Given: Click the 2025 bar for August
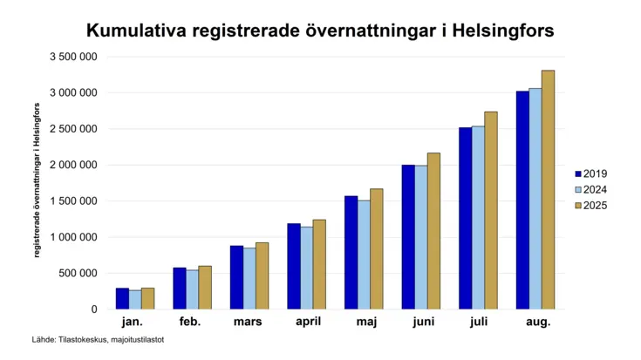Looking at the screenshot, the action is (x=549, y=190).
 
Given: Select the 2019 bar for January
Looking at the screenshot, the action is (x=122, y=299).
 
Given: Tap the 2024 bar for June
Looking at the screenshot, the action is (x=421, y=237).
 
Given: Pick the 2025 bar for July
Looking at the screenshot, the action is (x=491, y=210).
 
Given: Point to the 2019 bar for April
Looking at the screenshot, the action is (x=294, y=267).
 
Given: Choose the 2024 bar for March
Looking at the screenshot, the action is (x=249, y=279).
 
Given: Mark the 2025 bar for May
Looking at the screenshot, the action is (x=377, y=248).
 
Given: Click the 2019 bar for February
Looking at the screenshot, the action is (x=180, y=289).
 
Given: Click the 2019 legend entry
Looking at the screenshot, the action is (x=591, y=173).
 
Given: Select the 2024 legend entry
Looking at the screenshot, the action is (x=591, y=190).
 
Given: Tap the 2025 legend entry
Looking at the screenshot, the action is (x=591, y=205).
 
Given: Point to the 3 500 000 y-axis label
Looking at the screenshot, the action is (x=73, y=57).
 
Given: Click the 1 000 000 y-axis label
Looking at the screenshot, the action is (x=73, y=237).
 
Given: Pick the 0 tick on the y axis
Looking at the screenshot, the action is (x=94, y=309).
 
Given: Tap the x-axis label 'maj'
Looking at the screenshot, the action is (x=366, y=322).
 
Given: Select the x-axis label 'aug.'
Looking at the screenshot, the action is (x=538, y=322).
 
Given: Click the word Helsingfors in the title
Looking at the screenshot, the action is (x=503, y=31).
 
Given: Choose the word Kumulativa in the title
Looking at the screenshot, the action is (x=136, y=31).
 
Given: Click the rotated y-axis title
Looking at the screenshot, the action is (x=37, y=180).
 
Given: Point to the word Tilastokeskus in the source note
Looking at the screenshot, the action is (x=83, y=340).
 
